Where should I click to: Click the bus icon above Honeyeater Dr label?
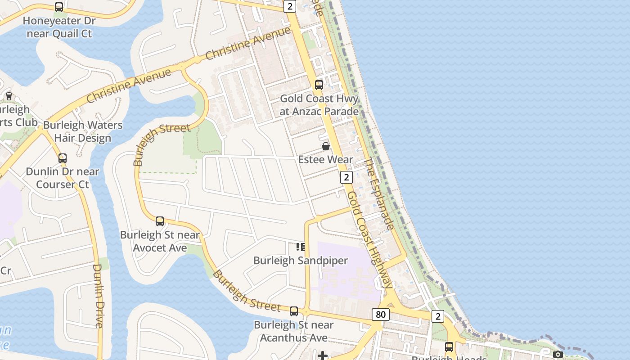tap(59, 7)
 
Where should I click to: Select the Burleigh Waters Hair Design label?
tap(83, 131)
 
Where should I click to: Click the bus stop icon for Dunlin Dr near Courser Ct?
tap(63, 158)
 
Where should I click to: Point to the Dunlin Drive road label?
tap(99, 296)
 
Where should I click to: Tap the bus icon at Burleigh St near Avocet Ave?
tap(160, 221)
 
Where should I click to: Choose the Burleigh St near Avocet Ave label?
tap(160, 241)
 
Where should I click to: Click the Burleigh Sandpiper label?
tap(301, 261)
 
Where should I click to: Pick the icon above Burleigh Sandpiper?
tap(300, 247)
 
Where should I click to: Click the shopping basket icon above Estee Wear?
tap(326, 146)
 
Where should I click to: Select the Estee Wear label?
tap(326, 160)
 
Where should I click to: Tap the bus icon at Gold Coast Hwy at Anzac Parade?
tap(319, 85)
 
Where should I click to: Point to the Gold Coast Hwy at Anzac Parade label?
tap(319, 105)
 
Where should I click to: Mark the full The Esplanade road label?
tap(379, 193)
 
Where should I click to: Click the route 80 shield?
tap(381, 315)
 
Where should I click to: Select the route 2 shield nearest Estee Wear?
tap(346, 177)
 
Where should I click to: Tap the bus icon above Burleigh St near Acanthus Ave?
tap(294, 311)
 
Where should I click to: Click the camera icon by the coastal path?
tap(558, 354)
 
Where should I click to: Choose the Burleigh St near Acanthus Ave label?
tap(294, 331)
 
